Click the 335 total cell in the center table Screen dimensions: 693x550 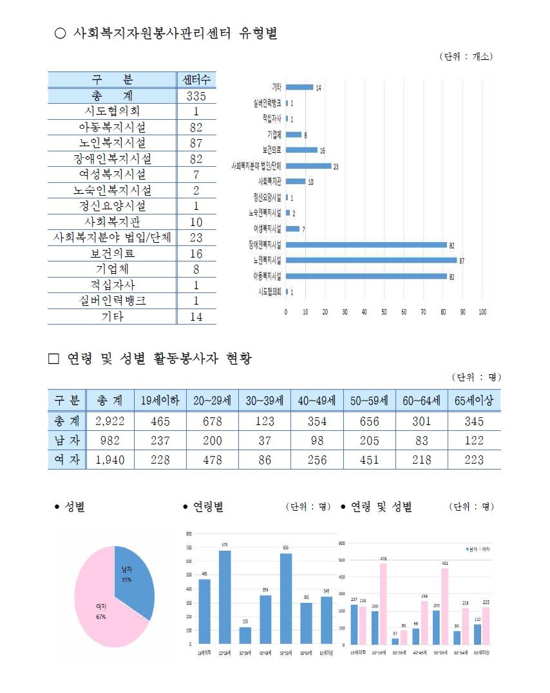196,96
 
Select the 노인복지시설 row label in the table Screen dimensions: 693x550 112,143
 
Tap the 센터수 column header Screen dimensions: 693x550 196,80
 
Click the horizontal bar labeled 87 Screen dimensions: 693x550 371,260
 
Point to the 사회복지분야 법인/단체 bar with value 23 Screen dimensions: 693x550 308,166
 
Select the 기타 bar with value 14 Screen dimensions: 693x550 299,87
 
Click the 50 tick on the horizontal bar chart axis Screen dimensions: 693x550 384,312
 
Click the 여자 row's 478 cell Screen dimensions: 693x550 212,460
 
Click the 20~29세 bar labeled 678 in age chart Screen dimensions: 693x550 225,596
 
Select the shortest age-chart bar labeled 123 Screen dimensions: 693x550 245,634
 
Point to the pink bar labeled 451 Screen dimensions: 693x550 445,605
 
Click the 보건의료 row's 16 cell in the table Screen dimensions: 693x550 196,254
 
